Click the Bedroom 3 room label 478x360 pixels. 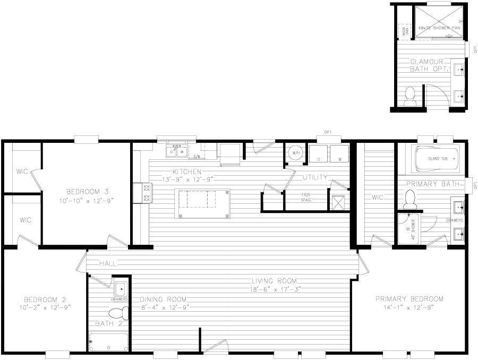click(x=87, y=191)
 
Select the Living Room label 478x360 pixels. click(x=275, y=281)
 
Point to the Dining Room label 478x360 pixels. click(x=163, y=298)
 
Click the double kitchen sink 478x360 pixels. click(x=176, y=152)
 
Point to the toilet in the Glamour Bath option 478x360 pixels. click(x=409, y=95)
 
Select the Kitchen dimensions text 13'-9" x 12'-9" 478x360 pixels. click(x=186, y=179)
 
